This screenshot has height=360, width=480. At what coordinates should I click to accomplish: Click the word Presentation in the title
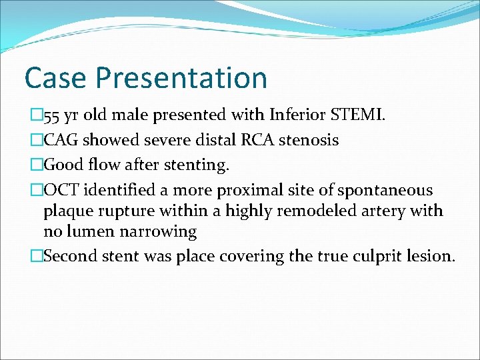pyautogui.click(x=181, y=79)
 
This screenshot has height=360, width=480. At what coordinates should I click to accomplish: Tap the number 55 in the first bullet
pyautogui.click(x=53, y=117)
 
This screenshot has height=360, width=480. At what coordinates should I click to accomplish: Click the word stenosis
pyautogui.click(x=311, y=140)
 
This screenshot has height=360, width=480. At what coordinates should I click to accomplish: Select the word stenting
pyautogui.click(x=199, y=165)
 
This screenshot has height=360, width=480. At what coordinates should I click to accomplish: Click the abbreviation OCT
pyautogui.click(x=60, y=191)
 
